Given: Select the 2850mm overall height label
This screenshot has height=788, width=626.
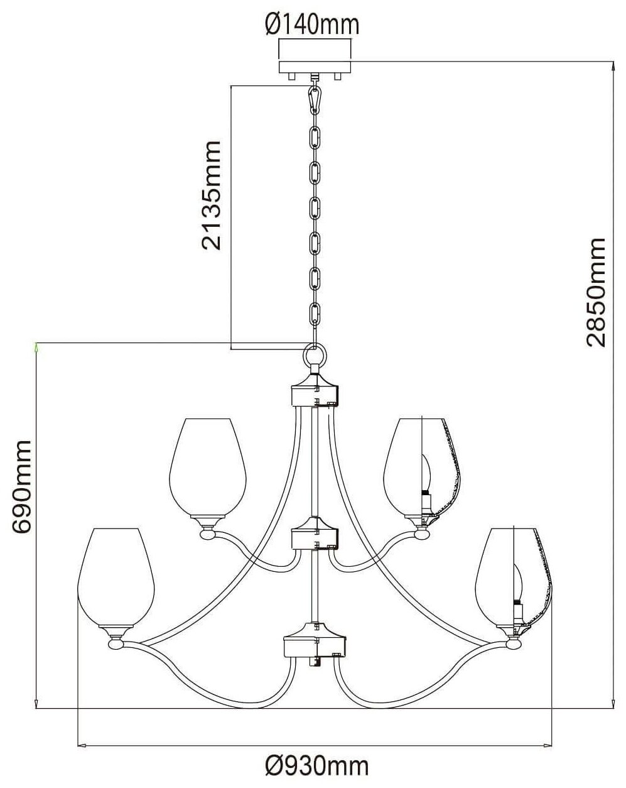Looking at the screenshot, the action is pos(595,292).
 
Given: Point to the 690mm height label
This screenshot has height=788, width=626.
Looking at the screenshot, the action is pos(22,487).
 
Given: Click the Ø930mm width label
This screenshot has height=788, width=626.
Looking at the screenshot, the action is pos(316,767).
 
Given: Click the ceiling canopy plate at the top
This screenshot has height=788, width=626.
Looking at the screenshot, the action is pos(316,58).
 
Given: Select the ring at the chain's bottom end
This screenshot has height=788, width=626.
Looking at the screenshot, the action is pos(315,354).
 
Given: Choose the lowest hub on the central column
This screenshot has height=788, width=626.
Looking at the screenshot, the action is pos(315,642).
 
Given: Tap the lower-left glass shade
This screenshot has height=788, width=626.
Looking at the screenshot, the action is pos(116,575).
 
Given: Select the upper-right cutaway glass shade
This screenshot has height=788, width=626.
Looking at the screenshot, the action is pos(422,464).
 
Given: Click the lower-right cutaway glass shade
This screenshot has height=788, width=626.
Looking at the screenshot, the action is pos(513,575).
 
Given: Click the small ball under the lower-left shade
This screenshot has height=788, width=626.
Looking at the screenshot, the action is pos(116,643).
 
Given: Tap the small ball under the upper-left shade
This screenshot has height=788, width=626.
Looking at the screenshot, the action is pos(207,535).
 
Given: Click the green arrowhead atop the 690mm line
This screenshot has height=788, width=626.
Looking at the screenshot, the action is pos(36,346).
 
